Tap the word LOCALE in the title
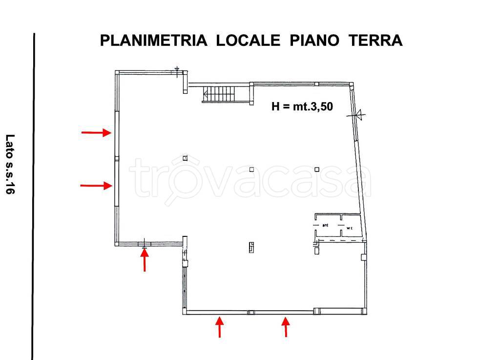pyautogui.click(x=248, y=41)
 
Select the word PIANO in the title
pyautogui.click(x=314, y=41)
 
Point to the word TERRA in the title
pyautogui.click(x=375, y=41)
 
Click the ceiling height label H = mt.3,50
pyautogui.click(x=302, y=106)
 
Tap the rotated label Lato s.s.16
pyautogui.click(x=10, y=164)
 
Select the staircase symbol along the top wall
pyautogui.click(x=219, y=94)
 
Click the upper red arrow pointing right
pyautogui.click(x=96, y=132)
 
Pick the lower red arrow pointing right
pyautogui.click(x=96, y=185)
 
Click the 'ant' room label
pyautogui.click(x=325, y=225)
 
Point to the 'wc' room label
pyautogui.click(x=349, y=228)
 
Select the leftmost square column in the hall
pyautogui.click(x=185, y=158)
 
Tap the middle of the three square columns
pyautogui.click(x=251, y=169)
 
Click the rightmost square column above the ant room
pyautogui.click(x=317, y=169)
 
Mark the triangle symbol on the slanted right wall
pyautogui.click(x=359, y=115)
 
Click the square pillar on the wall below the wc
pyautogui.click(x=363, y=257)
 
